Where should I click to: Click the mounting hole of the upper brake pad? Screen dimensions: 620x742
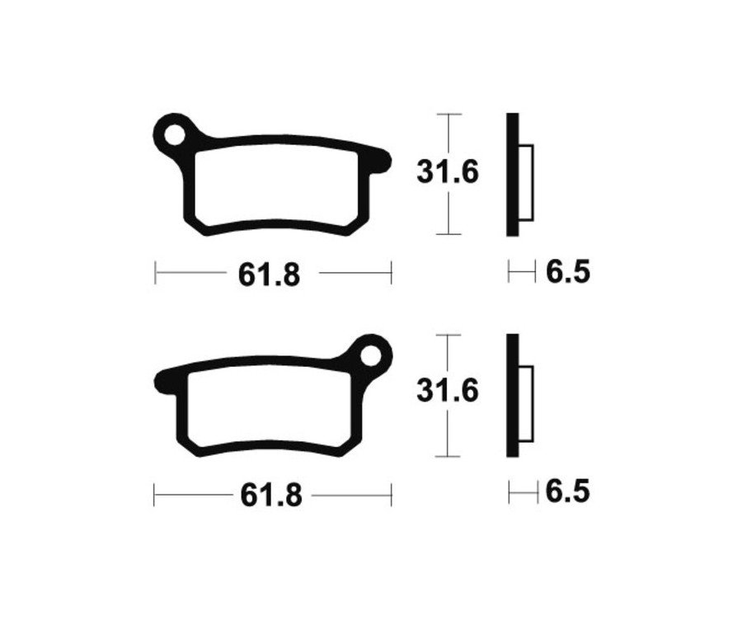174,134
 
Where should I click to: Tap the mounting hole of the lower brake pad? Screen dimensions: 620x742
371,355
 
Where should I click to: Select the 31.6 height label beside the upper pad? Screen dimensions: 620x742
448,173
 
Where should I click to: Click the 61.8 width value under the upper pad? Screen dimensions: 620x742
270,275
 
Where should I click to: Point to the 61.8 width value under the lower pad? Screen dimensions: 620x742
270,496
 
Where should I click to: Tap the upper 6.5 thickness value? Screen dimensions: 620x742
568,271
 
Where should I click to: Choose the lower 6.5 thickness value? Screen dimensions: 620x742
568,492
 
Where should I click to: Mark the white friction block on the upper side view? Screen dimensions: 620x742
526,183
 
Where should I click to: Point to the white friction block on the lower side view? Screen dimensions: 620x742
526,404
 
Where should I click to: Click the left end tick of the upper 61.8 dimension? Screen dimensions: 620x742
155,273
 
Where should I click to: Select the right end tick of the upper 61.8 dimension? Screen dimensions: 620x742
391,273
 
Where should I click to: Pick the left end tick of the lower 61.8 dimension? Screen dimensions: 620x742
155,495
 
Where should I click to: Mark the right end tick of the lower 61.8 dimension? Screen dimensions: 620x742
391,495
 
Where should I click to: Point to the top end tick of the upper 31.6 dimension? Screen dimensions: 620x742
448,114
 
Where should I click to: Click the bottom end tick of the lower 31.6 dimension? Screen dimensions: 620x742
447,456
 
